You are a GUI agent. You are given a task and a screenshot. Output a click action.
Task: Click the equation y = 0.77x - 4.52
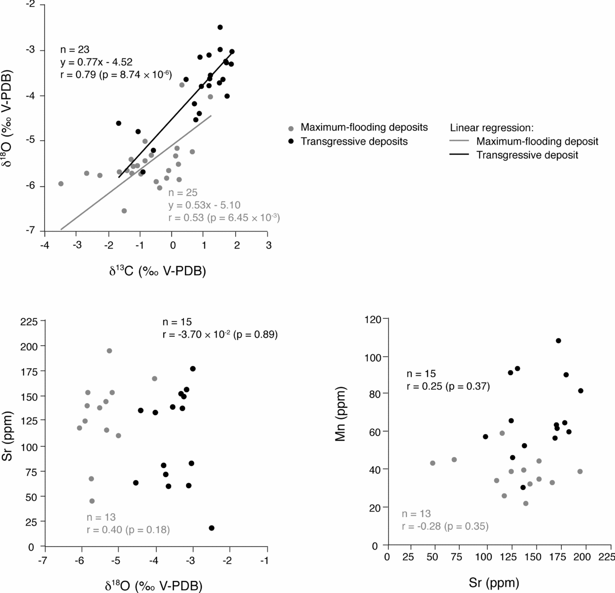click(96, 62)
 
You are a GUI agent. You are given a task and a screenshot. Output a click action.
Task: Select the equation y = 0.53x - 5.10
click(204, 205)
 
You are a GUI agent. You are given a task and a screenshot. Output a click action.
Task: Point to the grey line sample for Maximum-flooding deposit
click(459, 141)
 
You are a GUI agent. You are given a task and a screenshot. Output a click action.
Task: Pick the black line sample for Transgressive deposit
click(459, 155)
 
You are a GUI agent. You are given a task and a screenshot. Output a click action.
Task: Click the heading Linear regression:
click(491, 127)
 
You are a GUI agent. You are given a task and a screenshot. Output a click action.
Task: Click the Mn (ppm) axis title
click(341, 414)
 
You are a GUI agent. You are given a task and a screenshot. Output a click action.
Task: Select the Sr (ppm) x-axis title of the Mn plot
click(494, 583)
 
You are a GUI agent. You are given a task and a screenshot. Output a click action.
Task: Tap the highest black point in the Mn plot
click(558, 340)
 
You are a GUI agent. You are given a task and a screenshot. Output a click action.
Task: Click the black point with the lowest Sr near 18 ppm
click(212, 528)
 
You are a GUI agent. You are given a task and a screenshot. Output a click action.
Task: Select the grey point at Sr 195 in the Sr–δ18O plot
click(109, 351)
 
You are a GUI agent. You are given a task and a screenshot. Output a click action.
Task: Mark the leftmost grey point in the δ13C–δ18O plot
click(61, 184)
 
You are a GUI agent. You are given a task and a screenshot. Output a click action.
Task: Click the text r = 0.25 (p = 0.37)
click(448, 386)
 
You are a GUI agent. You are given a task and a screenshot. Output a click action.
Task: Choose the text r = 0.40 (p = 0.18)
click(128, 530)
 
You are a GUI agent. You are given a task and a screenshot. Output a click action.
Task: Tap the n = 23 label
click(75, 49)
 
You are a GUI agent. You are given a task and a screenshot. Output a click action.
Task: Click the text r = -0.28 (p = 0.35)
click(445, 526)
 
